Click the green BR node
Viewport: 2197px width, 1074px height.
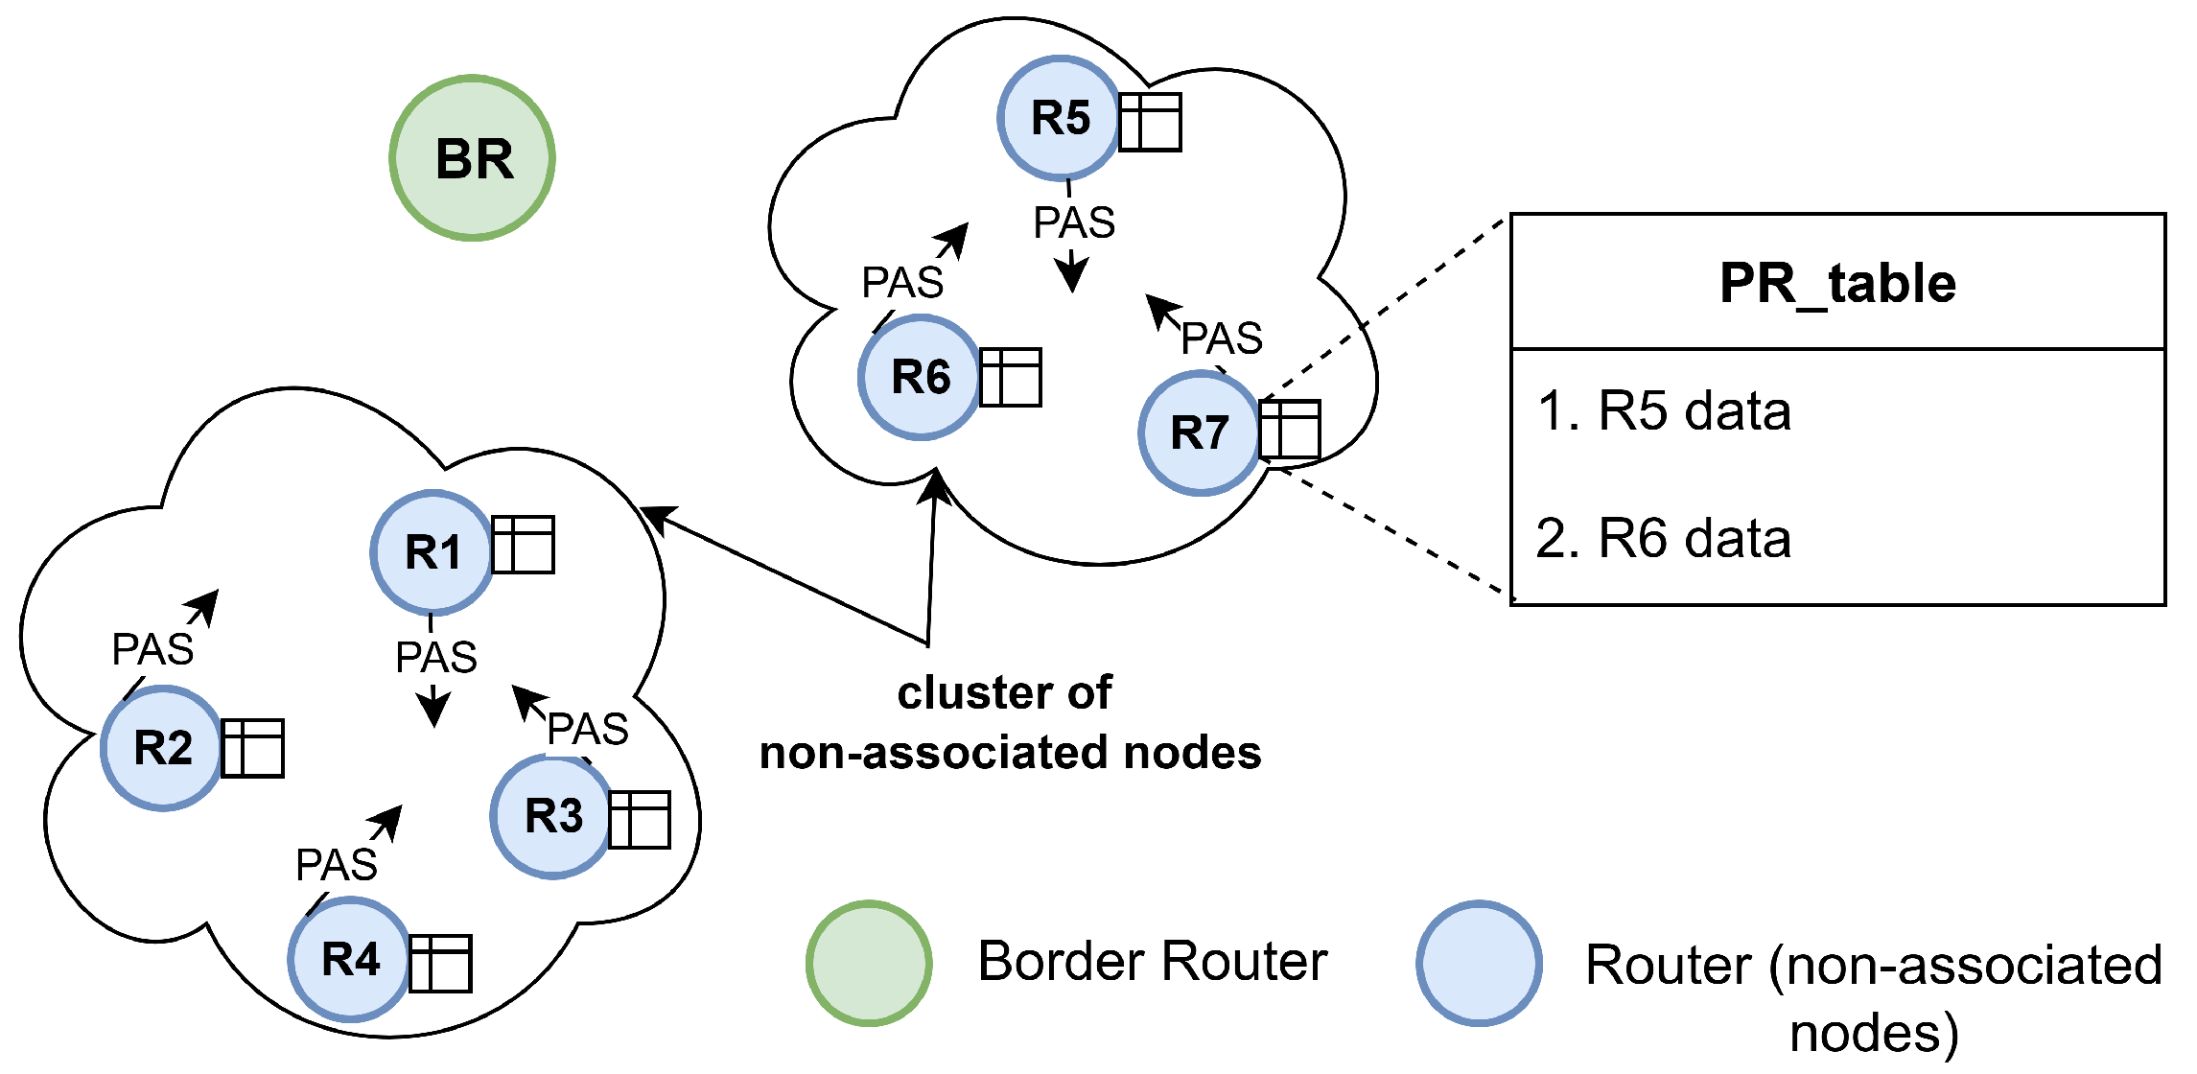473,158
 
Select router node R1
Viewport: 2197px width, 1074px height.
432,552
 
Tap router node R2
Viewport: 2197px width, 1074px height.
163,748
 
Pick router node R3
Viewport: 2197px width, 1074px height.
553,817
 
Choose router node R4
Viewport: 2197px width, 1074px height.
350,959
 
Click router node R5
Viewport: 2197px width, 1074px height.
1060,119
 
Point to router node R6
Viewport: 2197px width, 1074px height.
921,377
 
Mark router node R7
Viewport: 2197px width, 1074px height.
1200,432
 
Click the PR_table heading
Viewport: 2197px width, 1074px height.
1837,284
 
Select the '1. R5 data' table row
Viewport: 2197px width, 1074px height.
1665,411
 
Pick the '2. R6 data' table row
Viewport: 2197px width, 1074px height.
1665,538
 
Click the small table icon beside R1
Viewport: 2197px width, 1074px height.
523,545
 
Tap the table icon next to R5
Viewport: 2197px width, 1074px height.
1150,122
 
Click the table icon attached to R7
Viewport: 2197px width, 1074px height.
1290,430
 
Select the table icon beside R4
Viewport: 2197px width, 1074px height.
441,963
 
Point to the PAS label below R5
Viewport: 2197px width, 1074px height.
1074,223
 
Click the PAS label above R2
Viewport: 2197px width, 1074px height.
153,650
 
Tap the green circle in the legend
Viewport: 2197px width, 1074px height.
869,964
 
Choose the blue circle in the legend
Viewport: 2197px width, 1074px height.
1479,964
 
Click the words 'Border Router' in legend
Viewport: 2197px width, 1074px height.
1153,962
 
